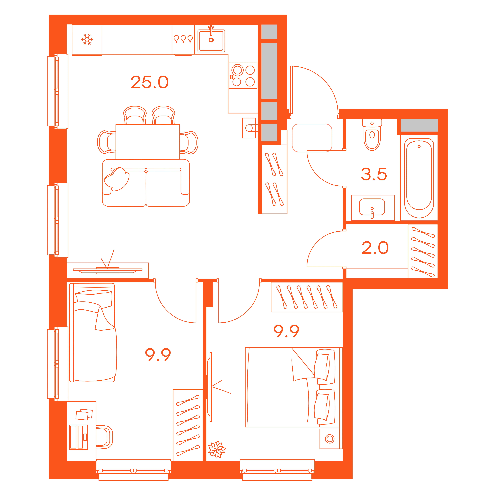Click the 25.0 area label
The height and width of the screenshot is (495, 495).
pyautogui.click(x=150, y=82)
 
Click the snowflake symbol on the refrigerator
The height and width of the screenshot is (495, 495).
pyautogui.click(x=87, y=39)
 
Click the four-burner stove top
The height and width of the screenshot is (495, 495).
pyautogui.click(x=243, y=75)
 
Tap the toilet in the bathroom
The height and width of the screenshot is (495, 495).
pyautogui.click(x=372, y=135)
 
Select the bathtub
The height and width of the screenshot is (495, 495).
pyautogui.click(x=419, y=178)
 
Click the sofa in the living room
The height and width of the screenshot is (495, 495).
pyautogui.click(x=146, y=183)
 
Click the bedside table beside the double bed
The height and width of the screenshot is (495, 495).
pyautogui.click(x=330, y=439)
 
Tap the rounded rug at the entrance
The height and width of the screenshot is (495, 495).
pyautogui.click(x=312, y=138)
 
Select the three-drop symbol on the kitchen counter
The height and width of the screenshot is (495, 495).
pyautogui.click(x=183, y=39)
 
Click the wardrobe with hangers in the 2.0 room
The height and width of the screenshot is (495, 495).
pyautogui.click(x=423, y=251)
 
